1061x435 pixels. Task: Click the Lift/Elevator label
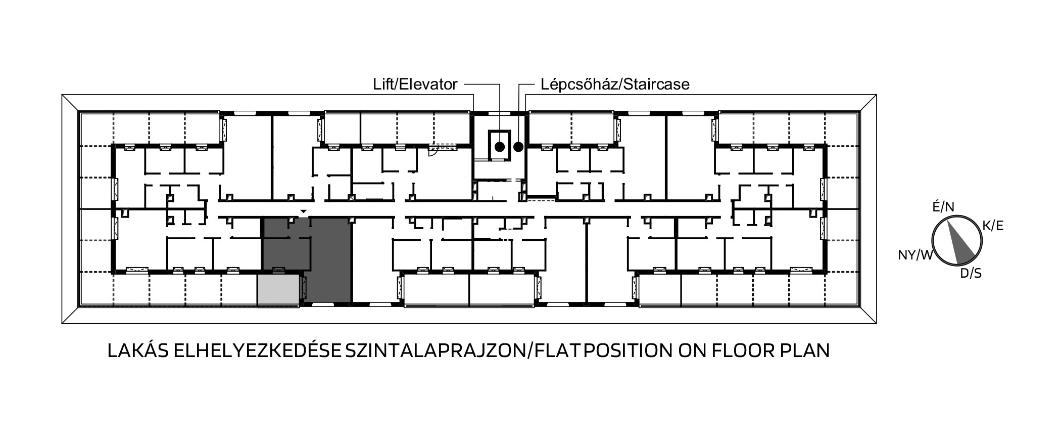click(x=415, y=84)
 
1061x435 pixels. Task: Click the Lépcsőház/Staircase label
click(x=615, y=84)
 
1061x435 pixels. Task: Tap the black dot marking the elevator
click(x=500, y=147)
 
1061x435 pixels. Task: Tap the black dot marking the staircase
click(x=518, y=147)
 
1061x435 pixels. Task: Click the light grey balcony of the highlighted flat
click(x=278, y=290)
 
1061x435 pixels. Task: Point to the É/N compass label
click(x=943, y=207)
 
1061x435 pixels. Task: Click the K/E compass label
click(x=993, y=226)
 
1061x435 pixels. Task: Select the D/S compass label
click(x=971, y=274)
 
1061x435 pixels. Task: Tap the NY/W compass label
click(x=915, y=255)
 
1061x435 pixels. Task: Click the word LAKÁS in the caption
click(x=137, y=351)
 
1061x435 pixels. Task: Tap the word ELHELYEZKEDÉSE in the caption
click(x=257, y=351)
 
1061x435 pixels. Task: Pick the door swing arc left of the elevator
click(x=433, y=150)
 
